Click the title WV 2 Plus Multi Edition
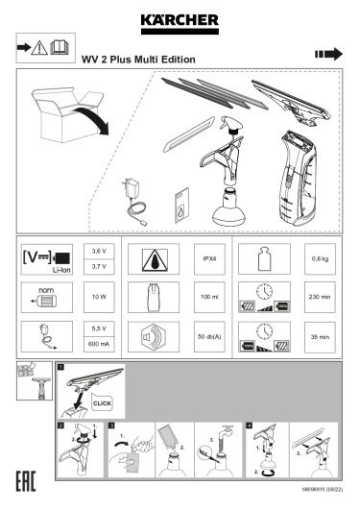pos(138,60)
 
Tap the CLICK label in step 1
pos(103,404)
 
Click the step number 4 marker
pos(250,423)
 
